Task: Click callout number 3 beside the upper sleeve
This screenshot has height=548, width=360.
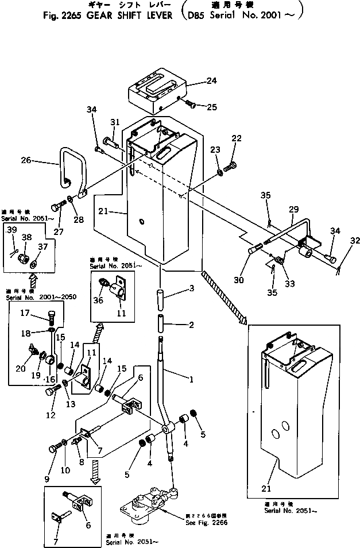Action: coord(191,288)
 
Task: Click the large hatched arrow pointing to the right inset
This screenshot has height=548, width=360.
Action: coord(223,292)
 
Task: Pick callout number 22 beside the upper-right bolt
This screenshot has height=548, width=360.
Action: coord(237,138)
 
